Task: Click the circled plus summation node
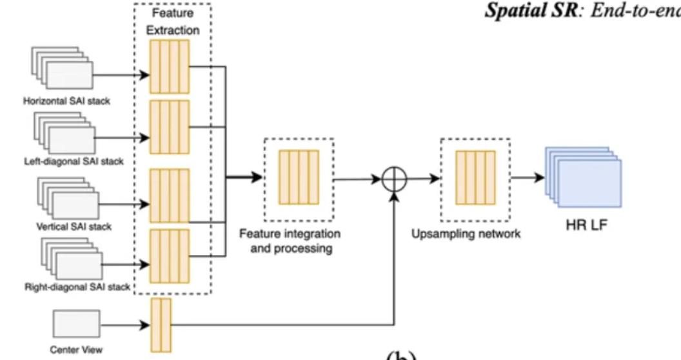[393, 179]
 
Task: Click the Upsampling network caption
[466, 234]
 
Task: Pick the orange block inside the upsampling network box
[475, 176]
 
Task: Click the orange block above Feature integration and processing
[299, 177]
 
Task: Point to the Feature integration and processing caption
[290, 240]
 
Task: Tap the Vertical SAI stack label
[74, 226]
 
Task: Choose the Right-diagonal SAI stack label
[77, 286]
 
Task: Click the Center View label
[75, 350]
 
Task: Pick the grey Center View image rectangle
[75, 324]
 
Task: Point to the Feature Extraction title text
[172, 21]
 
